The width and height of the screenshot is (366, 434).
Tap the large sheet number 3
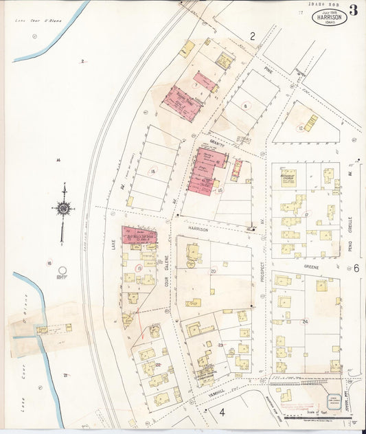click(x=353, y=10)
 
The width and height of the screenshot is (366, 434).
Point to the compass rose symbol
click(x=63, y=207)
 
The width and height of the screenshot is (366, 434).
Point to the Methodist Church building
click(x=288, y=176)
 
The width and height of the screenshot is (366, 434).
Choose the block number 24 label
click(x=304, y=321)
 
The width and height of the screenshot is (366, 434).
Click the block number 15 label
click(x=153, y=171)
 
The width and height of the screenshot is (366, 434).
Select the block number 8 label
click(x=244, y=106)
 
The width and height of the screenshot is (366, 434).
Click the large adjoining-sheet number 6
click(x=356, y=268)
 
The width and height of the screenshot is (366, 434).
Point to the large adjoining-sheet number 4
click(x=222, y=412)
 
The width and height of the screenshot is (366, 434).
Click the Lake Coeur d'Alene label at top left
click(x=39, y=21)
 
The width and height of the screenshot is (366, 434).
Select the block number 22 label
click(x=158, y=365)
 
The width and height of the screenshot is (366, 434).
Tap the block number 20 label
click(x=213, y=272)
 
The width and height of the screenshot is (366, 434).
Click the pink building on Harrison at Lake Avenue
click(x=139, y=236)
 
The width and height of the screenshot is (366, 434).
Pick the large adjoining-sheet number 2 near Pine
click(x=252, y=36)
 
